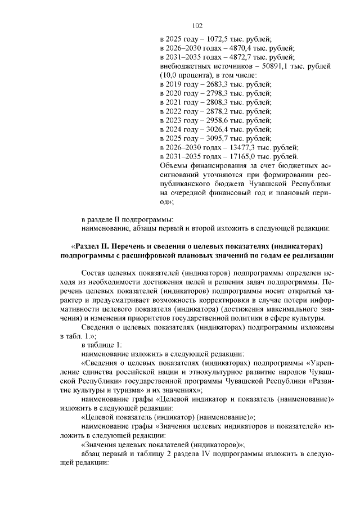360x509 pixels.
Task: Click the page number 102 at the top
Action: pos(197,25)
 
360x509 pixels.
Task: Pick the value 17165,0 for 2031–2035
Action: pos(236,156)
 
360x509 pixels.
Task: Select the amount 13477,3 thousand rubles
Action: pos(236,147)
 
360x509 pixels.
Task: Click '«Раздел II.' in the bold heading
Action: pos(91,246)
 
